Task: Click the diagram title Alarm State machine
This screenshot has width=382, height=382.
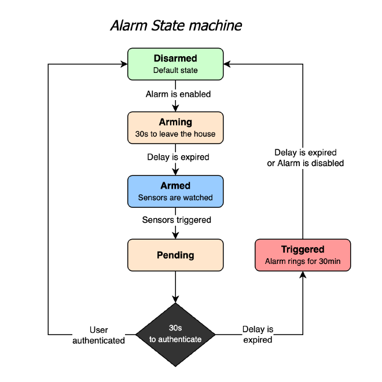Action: coord(175,25)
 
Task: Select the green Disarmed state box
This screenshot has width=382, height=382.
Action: coord(175,64)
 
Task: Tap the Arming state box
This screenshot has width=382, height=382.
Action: coord(175,127)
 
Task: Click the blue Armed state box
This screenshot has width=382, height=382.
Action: coord(175,191)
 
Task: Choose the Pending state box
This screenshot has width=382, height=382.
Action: coord(175,255)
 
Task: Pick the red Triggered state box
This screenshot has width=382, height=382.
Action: coord(303,255)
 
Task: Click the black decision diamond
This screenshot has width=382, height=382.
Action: coord(175,335)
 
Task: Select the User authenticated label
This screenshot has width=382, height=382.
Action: coord(98,335)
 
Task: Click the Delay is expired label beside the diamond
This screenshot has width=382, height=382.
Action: coord(258,335)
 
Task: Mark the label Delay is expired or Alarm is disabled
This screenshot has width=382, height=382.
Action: coord(305,158)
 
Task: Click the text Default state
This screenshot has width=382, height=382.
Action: coord(175,71)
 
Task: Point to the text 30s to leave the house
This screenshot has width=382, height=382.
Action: coord(175,134)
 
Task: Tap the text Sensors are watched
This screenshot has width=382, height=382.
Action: coord(175,198)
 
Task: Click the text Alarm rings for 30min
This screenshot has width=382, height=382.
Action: coord(303,262)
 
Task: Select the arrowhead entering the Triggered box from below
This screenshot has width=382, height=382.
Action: coord(303,274)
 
